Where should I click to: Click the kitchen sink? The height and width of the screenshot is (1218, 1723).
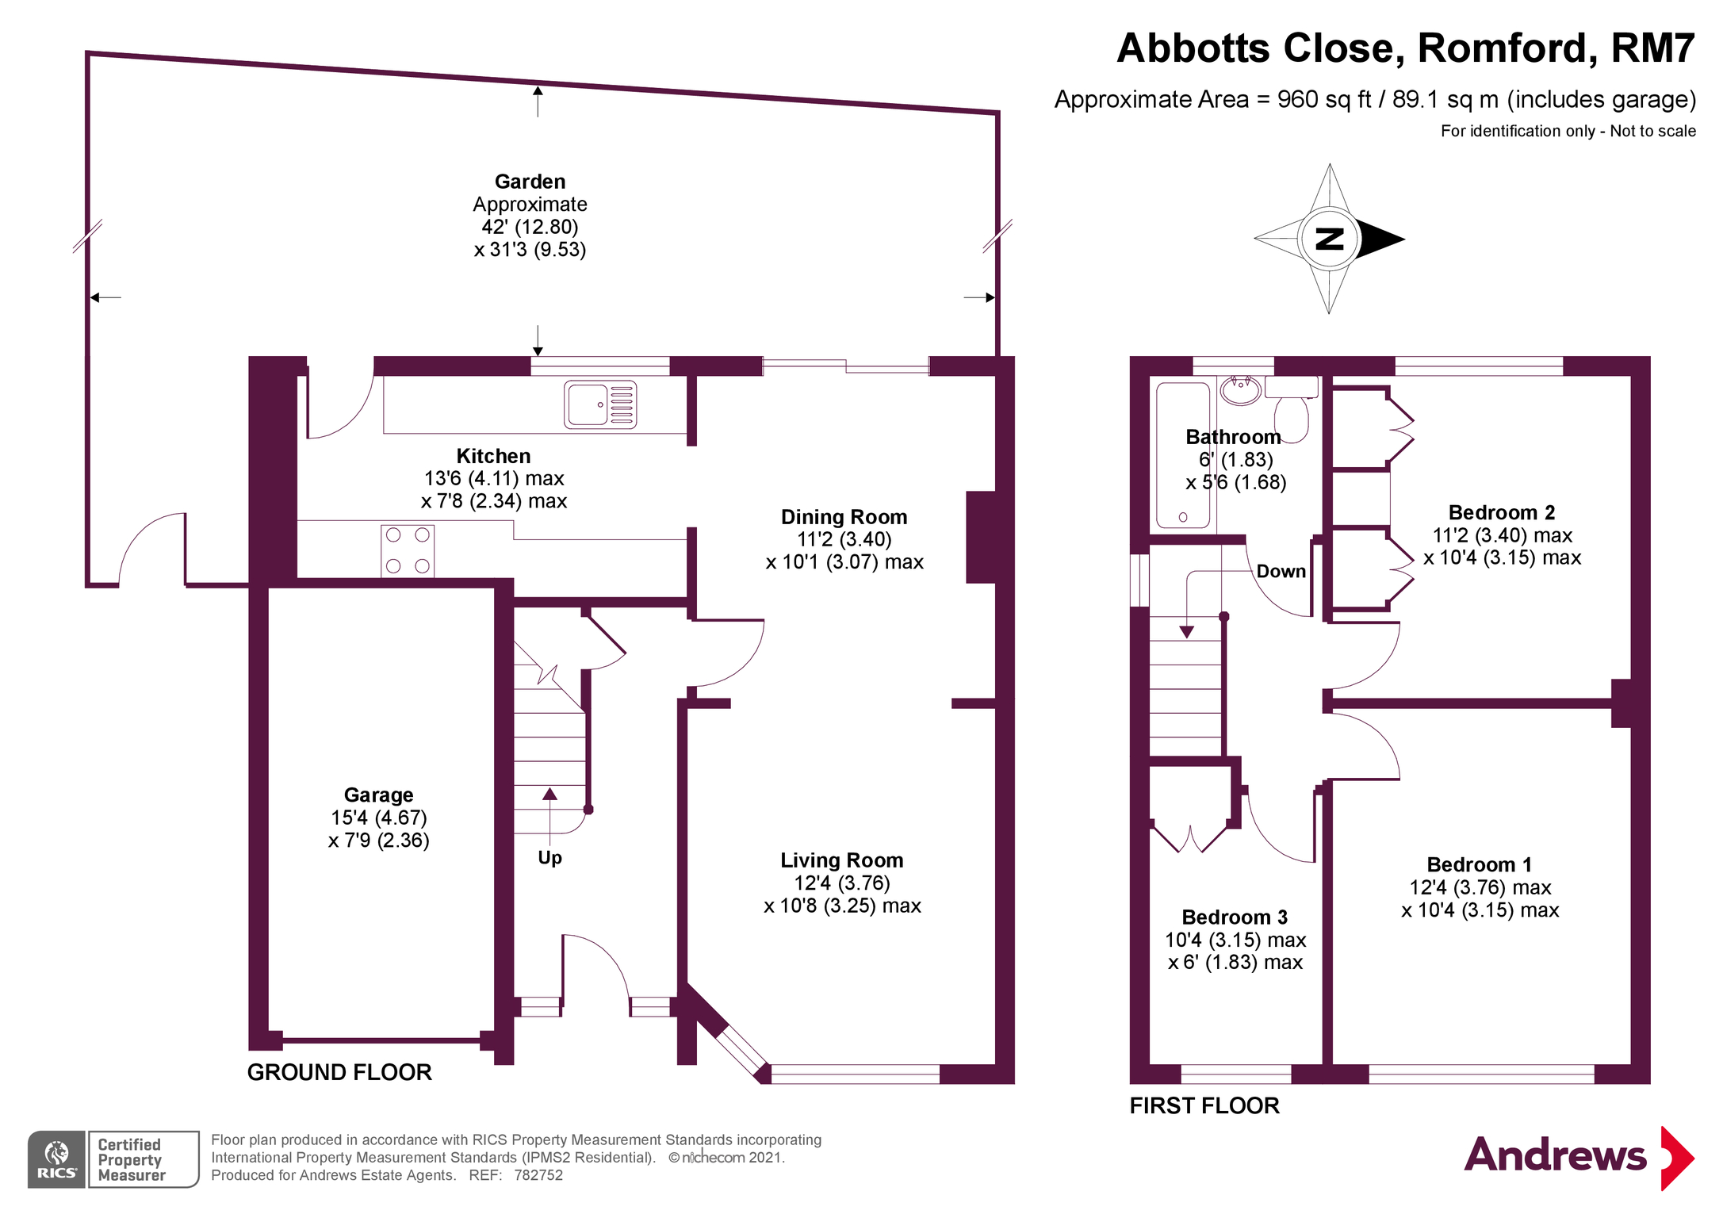600,404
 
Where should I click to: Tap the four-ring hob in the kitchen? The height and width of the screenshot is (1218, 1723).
408,550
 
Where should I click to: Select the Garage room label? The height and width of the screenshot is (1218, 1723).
379,795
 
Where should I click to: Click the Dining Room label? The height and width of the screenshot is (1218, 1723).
844,517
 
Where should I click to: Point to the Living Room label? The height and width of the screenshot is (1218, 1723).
842,860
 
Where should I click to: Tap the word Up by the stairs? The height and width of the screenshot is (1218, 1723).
549,858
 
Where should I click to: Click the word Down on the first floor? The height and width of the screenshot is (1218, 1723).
1281,571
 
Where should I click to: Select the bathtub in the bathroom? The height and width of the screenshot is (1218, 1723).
1183,455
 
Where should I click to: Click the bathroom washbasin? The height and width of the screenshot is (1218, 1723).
1241,390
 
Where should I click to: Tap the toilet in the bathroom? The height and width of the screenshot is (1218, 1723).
1292,408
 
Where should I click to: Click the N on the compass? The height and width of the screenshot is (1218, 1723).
1330,239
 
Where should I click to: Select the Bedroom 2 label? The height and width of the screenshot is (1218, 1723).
1502,512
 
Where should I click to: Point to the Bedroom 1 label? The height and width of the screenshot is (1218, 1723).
1480,864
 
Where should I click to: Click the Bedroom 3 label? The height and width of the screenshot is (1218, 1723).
1235,917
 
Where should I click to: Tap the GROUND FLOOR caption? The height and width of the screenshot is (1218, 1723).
339,1072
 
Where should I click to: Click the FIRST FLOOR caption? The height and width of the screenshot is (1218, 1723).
1204,1105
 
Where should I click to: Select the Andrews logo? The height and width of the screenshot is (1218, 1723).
1579,1157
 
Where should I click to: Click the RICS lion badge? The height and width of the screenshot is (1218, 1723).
56,1159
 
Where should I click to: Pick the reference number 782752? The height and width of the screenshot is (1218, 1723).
538,1175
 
